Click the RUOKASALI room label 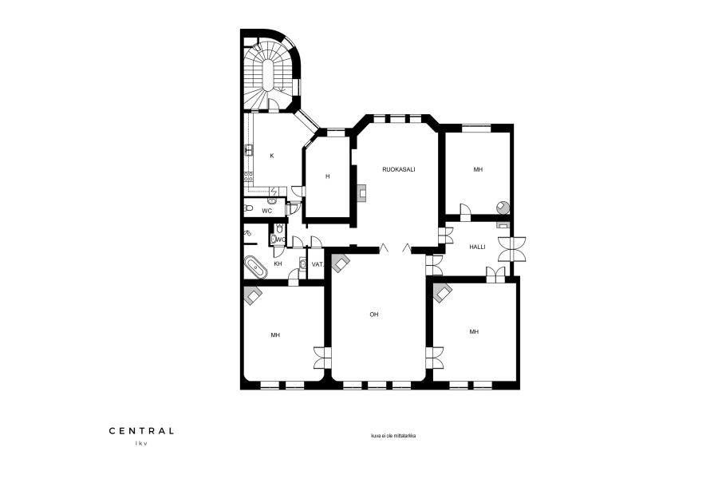[x=398, y=169]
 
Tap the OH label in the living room [x=374, y=315]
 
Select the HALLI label [x=477, y=247]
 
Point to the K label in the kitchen [x=271, y=156]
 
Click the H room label [x=327, y=176]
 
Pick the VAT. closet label [x=318, y=264]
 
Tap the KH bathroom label [x=278, y=264]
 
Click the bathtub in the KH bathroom [x=256, y=267]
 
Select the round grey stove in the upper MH [x=503, y=208]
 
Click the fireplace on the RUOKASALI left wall [x=361, y=194]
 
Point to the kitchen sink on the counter [x=249, y=150]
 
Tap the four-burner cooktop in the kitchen [x=248, y=177]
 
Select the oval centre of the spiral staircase [x=268, y=76]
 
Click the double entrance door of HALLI [x=512, y=249]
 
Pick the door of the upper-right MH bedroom [x=465, y=210]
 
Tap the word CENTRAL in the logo [x=141, y=431]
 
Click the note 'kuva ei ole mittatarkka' [x=393, y=436]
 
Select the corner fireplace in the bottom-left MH [x=252, y=295]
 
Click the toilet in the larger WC [x=249, y=208]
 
